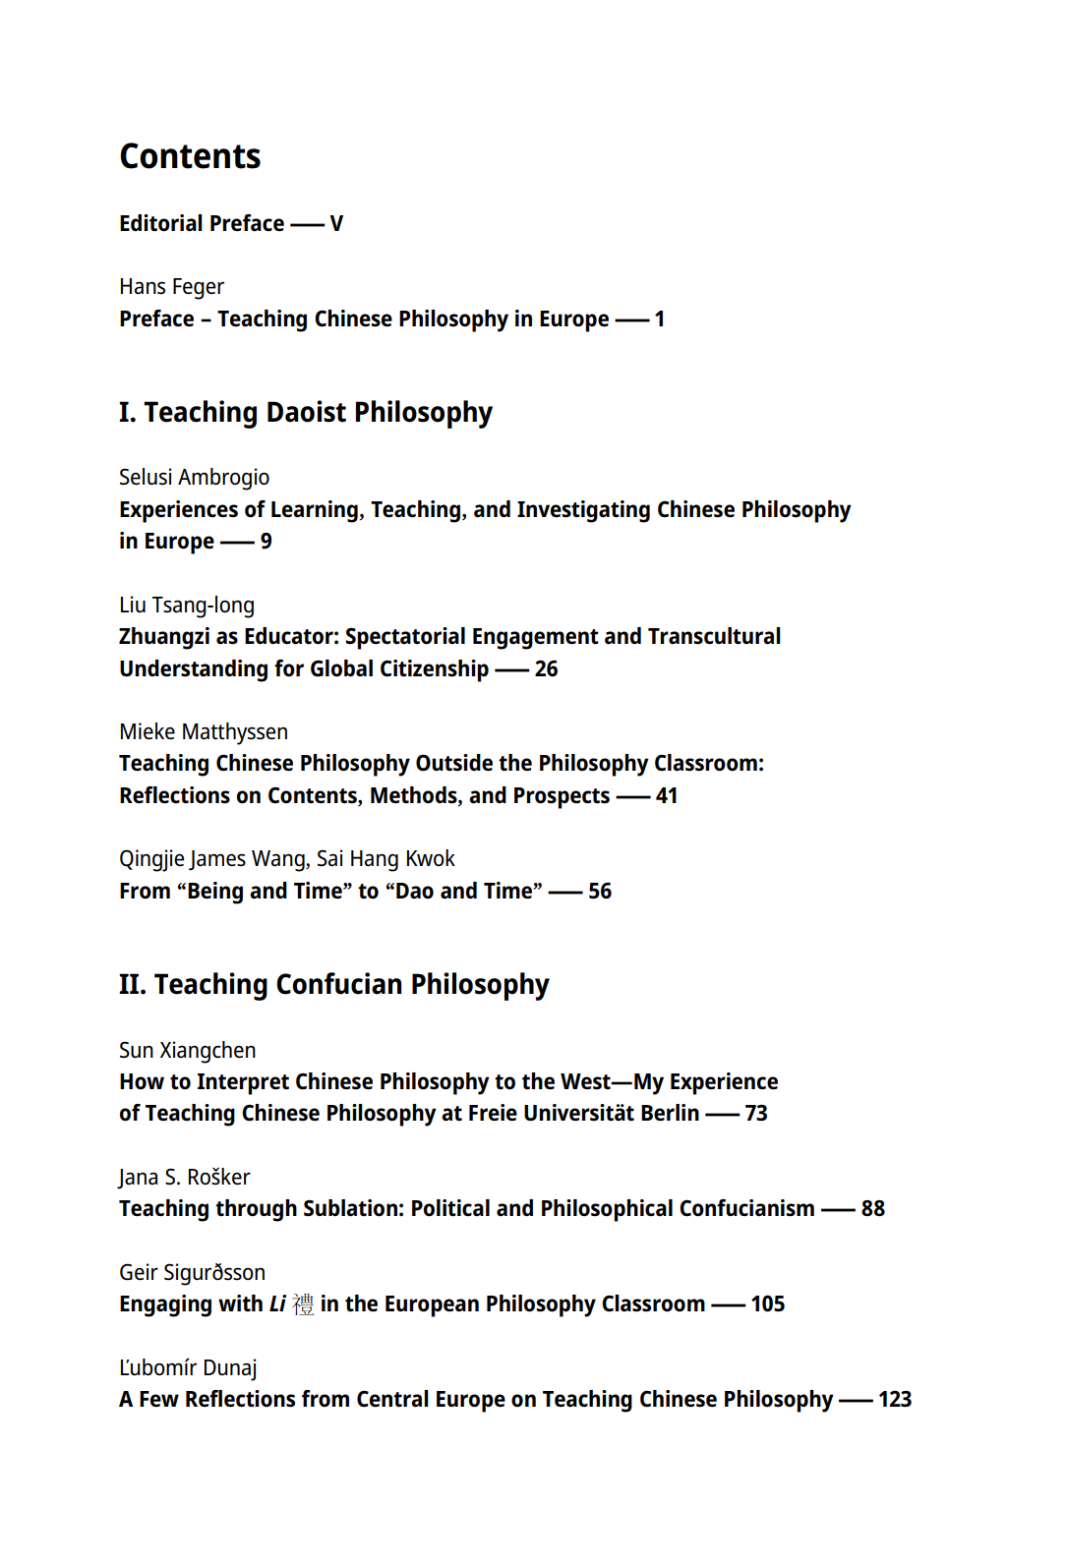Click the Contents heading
pos(190,156)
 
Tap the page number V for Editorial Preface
pos(336,224)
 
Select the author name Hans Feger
pos(171,287)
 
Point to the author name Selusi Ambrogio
pos(194,478)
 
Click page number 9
pos(266,542)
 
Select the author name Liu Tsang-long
pos(186,606)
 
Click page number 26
pos(546,669)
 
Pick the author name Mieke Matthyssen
pos(203,732)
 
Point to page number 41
pos(667,796)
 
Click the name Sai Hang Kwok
pos(385,859)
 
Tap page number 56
pos(600,892)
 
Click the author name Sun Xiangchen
pos(187,1051)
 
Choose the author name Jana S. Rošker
pos(184,1178)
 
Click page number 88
pos(872,1209)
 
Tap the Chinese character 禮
pos(303,1304)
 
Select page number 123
pos(894,1400)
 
